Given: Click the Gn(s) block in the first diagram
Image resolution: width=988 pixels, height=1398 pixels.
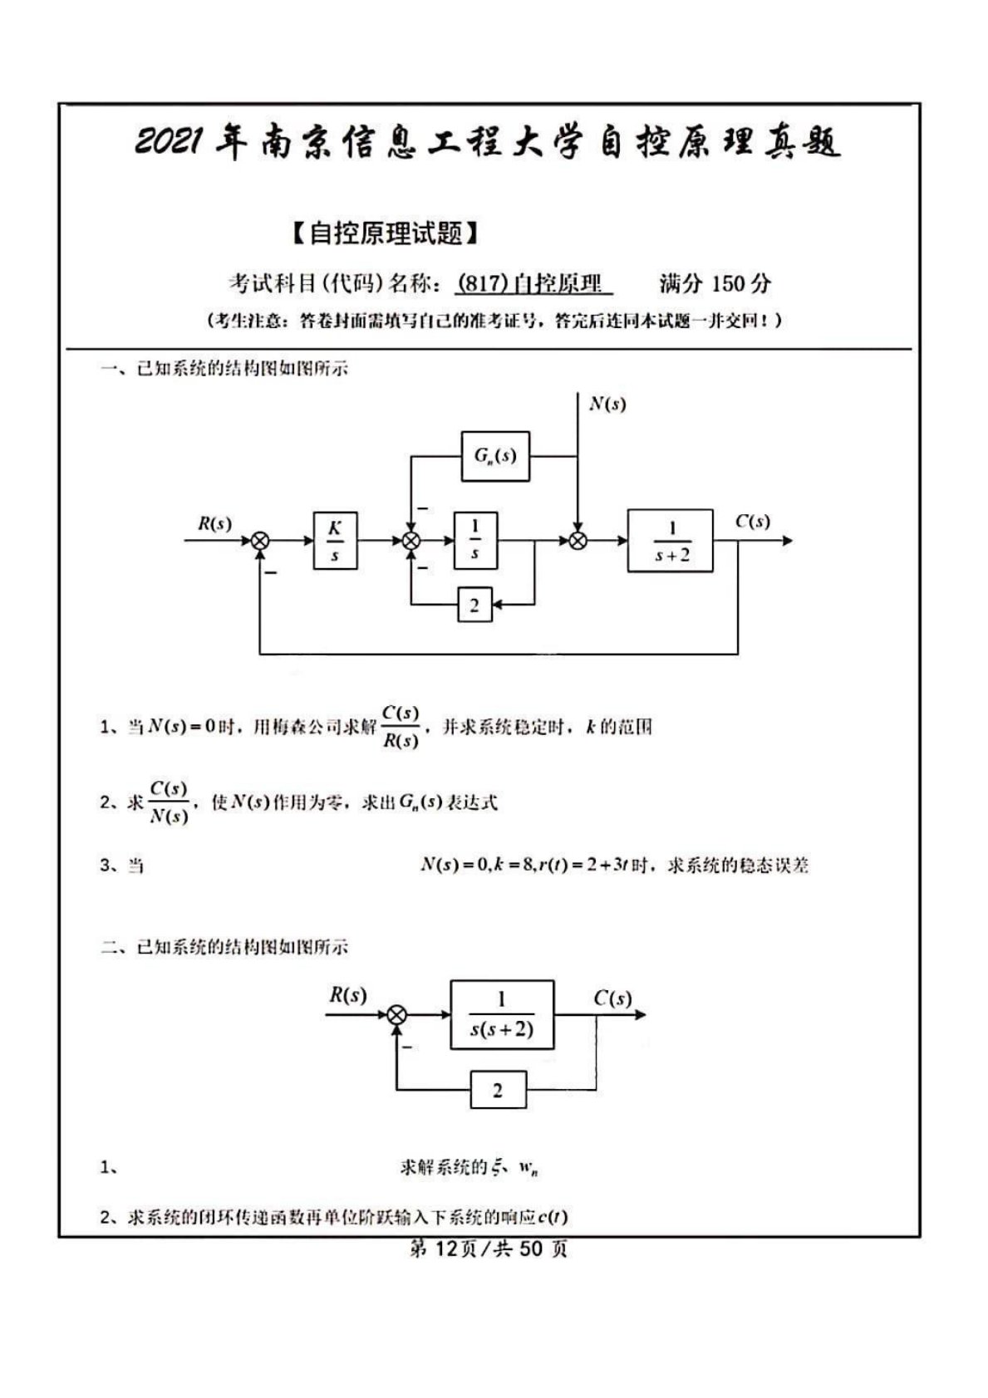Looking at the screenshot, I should click(x=495, y=456).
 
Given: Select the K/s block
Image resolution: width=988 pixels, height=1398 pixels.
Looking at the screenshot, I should click(x=335, y=541).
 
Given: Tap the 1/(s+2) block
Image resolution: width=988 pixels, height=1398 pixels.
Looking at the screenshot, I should click(x=671, y=541).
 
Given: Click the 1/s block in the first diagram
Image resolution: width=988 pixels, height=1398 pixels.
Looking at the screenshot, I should click(x=474, y=541).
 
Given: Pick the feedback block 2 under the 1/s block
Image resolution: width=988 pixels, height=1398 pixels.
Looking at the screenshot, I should click(x=474, y=606).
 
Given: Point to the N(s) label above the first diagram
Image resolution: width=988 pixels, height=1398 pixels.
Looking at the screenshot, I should click(x=607, y=405).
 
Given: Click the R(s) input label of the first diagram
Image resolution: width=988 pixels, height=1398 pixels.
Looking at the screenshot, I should click(x=214, y=524).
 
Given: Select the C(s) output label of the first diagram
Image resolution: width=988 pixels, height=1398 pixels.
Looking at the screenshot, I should click(x=752, y=522).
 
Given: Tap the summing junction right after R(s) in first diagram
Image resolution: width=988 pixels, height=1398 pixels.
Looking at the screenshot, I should click(x=260, y=542).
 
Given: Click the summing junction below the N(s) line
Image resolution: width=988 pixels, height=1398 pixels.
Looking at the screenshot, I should click(x=578, y=542).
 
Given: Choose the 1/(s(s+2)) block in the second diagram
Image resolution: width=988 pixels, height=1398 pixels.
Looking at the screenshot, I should click(x=501, y=1014).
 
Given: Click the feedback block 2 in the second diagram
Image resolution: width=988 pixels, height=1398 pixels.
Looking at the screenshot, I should click(x=498, y=1090).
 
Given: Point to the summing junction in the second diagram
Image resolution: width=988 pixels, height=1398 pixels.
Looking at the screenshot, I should click(x=398, y=1014).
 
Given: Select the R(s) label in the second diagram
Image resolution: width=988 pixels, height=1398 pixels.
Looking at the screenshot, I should click(x=347, y=995).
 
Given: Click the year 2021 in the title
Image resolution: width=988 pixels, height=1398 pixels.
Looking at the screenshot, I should click(x=170, y=143).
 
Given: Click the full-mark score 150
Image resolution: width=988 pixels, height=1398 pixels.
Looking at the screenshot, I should click(x=728, y=284).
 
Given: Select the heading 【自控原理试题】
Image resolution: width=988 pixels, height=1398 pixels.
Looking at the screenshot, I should click(x=386, y=234).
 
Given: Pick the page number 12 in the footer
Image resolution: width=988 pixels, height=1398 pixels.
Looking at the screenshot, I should click(x=445, y=1248).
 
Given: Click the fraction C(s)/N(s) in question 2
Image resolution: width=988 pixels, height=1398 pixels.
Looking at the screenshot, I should click(x=169, y=802).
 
